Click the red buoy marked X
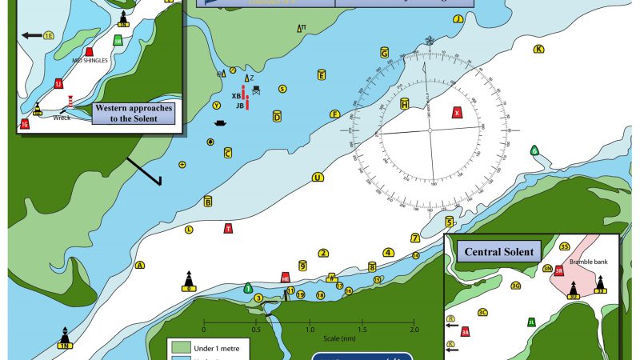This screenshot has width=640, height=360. (458, 113)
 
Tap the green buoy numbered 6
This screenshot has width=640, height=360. (534, 150)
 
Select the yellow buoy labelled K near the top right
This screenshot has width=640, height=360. (538, 49)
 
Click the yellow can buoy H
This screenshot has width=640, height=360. (405, 105)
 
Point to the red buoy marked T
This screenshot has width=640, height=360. (229, 229)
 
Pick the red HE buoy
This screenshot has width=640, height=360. (285, 277)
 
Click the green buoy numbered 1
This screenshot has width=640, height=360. (248, 288)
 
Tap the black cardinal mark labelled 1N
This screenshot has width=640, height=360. (64, 339)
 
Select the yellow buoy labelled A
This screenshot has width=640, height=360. (140, 265)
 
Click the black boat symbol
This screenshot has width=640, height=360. (221, 123)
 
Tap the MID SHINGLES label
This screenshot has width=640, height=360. (90, 60)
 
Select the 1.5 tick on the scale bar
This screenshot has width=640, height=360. (362, 328)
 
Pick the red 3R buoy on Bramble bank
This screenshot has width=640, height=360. (560, 271)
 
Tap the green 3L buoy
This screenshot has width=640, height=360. (531, 322)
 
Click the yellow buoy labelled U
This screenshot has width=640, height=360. (318, 178)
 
